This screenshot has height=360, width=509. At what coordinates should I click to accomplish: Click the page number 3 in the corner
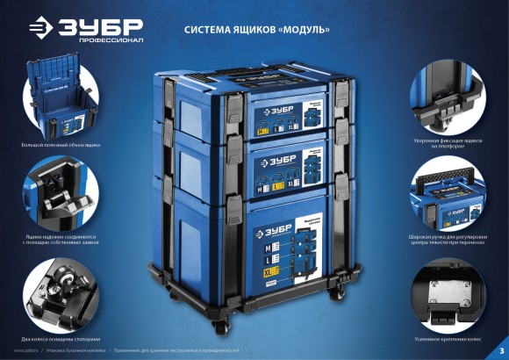click(500, 352)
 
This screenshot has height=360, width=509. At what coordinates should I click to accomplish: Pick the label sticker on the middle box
click(289, 166)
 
